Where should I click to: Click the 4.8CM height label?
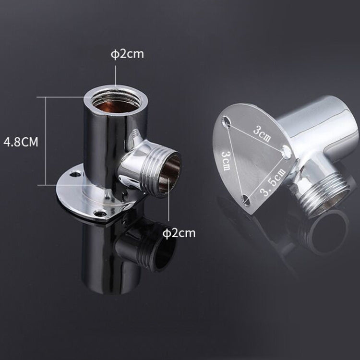[20, 142]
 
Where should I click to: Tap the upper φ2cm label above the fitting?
[127, 54]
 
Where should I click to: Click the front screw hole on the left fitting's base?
[100, 213]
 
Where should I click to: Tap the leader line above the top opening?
[115, 77]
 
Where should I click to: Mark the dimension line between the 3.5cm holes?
[267, 175]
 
